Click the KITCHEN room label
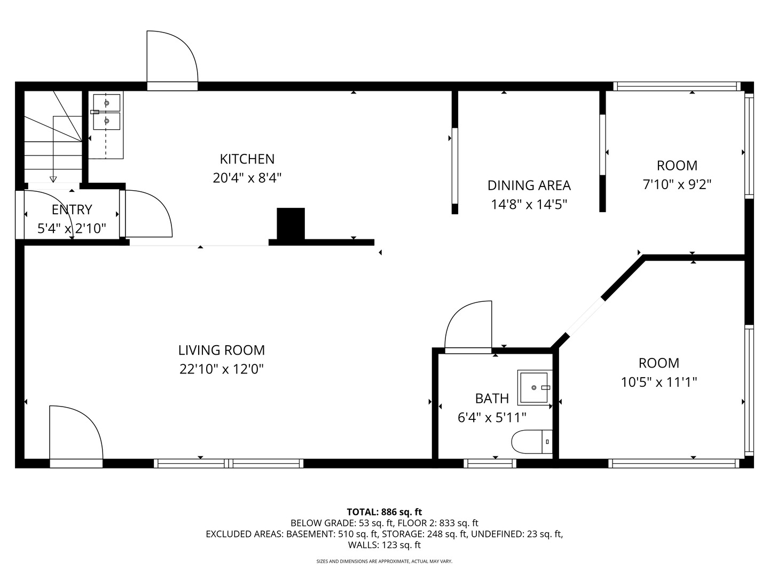coord(247,159)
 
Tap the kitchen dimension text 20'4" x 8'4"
coord(247,178)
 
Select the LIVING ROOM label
coord(222,350)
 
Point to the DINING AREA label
coord(529,185)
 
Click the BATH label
coord(492,399)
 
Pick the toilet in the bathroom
coord(532,442)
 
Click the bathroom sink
coord(535,387)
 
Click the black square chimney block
coord(291,223)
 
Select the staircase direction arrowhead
coord(53,180)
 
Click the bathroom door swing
coord(468,327)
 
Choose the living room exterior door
coord(76,436)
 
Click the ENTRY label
coord(72,209)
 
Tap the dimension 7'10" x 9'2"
coord(677,184)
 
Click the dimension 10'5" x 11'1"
coord(658,382)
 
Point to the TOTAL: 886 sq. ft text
coord(384,512)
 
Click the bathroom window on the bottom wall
coord(490,464)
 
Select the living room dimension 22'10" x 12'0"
coord(222,369)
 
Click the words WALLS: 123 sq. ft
coord(384,545)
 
